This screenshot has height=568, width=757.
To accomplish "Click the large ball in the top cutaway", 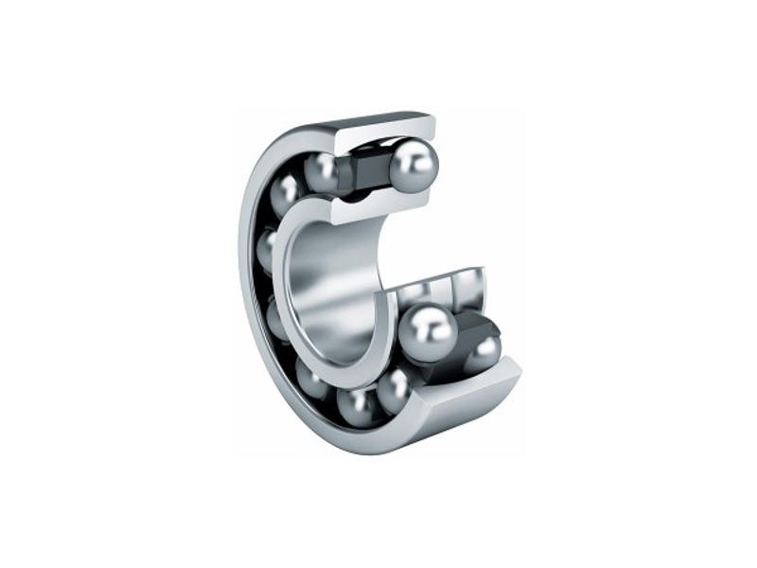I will coord(414,165).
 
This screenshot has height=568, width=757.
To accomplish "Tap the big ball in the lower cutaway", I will coord(427,332).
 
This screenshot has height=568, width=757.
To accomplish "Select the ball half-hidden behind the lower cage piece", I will coord(484,352).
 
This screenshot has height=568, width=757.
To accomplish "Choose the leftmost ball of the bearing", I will coord(268,250).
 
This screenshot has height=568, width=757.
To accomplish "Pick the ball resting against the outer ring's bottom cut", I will coord(396,388).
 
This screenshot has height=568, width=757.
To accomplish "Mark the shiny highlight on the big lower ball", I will coord(420,323).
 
